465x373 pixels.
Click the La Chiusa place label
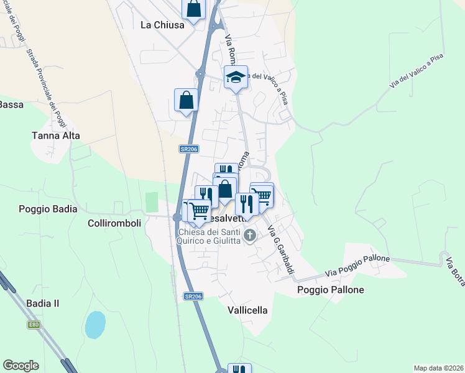(162, 25)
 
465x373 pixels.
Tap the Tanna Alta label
(56, 135)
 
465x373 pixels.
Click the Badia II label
(43, 303)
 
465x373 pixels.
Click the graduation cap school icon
(236, 77)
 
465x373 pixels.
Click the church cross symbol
(250, 235)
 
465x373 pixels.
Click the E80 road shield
(33, 324)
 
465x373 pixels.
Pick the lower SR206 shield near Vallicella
(193, 297)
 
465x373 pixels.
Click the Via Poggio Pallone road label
(359, 265)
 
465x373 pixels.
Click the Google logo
(21, 366)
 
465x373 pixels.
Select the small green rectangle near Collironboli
(152, 202)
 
